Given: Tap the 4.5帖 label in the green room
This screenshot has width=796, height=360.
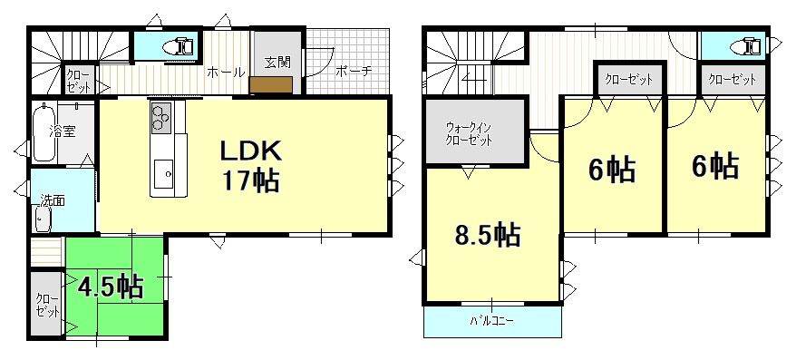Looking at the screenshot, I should (110, 288).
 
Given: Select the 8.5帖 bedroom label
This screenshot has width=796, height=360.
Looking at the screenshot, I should (487, 236).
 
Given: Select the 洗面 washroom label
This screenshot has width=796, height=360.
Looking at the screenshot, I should (52, 201).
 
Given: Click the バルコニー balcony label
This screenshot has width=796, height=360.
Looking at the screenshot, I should (492, 321).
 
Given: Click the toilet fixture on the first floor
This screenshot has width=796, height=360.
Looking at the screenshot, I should (176, 44).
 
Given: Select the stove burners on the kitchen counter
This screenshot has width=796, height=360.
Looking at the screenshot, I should (161, 116).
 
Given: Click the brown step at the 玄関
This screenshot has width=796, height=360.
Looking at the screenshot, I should (271, 85).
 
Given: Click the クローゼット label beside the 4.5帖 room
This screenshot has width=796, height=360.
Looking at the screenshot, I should (44, 305).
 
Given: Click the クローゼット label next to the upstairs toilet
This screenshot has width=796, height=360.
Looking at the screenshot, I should (733, 80).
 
